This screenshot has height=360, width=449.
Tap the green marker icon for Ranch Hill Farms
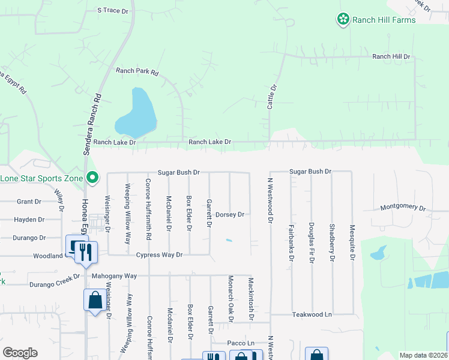click(343, 20)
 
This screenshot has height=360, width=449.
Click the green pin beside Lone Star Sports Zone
click(92, 178)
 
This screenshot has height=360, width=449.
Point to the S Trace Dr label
click(113, 11)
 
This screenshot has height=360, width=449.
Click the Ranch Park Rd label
click(137, 72)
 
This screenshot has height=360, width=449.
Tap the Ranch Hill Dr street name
click(391, 56)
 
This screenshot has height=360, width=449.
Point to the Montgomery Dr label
click(402, 207)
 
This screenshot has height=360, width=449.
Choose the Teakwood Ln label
click(312, 314)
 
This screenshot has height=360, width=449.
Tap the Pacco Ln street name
click(241, 343)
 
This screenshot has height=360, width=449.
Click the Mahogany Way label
click(115, 276)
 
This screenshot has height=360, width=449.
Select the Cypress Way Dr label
click(158, 255)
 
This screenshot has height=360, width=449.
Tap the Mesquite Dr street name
click(352, 243)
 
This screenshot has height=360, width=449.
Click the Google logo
click(20, 353)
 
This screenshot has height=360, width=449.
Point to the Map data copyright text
click(423, 355)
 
